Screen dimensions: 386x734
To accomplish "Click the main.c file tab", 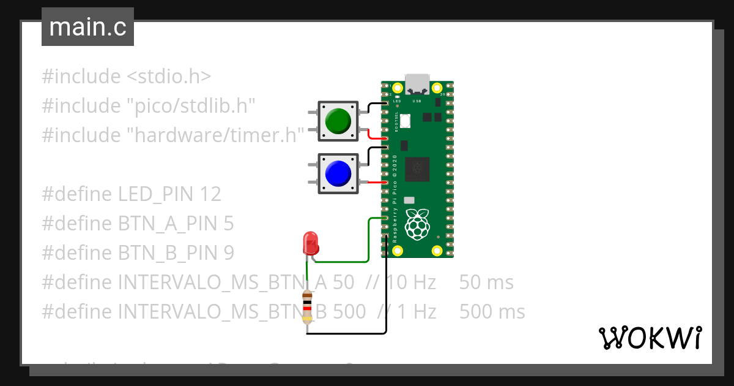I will (x=87, y=27).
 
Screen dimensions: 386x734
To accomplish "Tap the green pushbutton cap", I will (x=337, y=120).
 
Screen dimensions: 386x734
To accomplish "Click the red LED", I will (x=311, y=243).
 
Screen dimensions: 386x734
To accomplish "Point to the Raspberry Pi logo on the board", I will (x=417, y=224).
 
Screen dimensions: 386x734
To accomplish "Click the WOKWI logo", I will (x=650, y=338).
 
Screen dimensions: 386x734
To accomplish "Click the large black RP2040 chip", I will (x=417, y=168).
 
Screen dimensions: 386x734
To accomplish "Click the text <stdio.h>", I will (x=169, y=77).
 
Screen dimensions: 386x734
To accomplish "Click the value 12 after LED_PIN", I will (x=210, y=194).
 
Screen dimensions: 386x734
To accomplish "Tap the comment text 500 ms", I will (x=492, y=312).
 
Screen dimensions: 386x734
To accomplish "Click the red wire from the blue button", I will (x=374, y=183).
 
